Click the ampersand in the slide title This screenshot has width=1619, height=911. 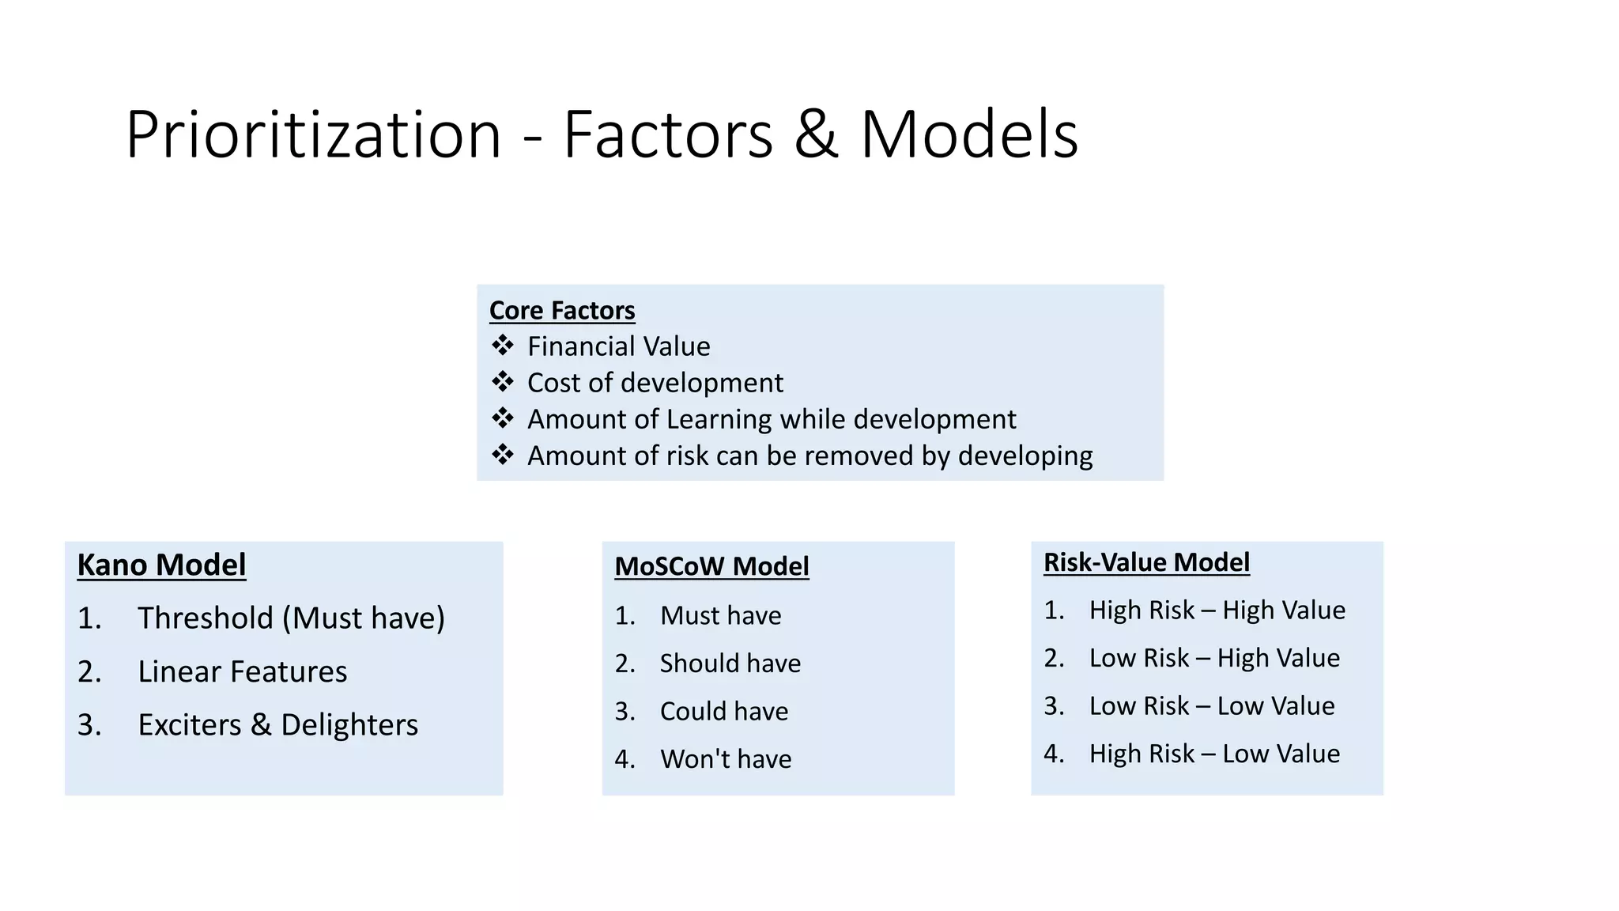816,135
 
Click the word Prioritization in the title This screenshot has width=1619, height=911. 313,135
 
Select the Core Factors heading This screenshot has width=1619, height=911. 562,310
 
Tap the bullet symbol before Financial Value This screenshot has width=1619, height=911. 502,346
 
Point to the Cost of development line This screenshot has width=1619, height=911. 655,383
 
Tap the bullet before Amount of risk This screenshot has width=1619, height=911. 502,455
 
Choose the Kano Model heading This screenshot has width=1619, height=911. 161,565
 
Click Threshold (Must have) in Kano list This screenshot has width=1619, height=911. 291,618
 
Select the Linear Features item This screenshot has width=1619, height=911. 242,671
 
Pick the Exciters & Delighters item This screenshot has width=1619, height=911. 277,724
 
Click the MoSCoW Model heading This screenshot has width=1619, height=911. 711,566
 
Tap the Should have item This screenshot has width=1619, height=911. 730,663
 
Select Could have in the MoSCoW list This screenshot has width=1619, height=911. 724,711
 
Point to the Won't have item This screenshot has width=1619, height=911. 726,758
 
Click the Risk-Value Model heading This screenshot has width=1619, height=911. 1146,562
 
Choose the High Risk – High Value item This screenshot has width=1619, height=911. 1217,610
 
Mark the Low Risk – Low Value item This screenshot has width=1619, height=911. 1211,705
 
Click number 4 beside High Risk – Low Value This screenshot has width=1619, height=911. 1053,754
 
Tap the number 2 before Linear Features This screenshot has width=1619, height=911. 89,671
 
